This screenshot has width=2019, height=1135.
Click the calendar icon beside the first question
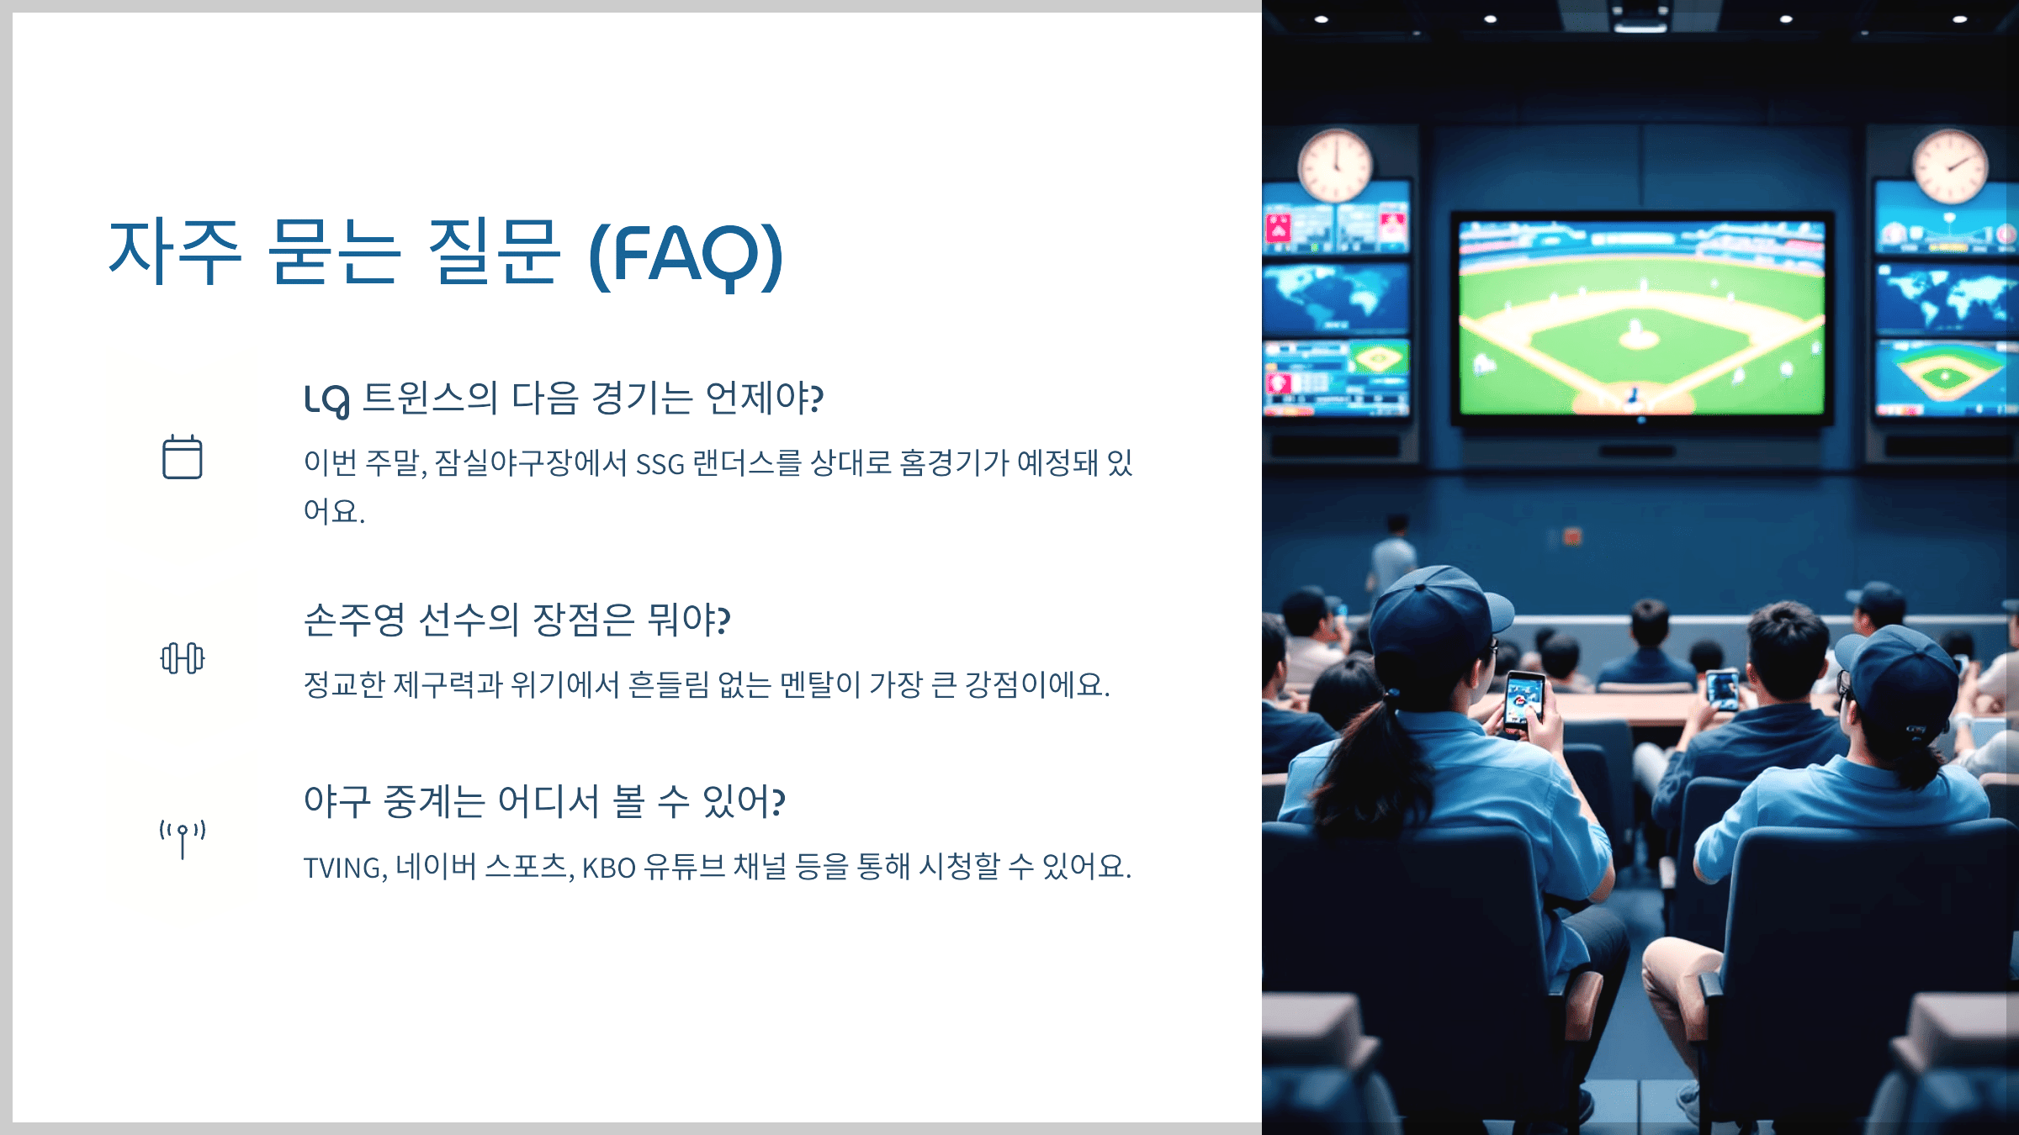[x=182, y=457]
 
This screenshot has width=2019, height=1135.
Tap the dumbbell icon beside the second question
[x=182, y=658]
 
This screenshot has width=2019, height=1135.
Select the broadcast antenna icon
[x=182, y=838]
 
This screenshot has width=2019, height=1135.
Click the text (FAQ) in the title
[x=686, y=253]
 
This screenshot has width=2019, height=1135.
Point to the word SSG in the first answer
[x=660, y=463]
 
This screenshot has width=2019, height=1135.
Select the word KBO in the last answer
[x=608, y=867]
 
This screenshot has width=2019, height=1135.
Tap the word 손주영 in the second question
[x=354, y=620]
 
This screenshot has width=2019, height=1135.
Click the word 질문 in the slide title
[x=494, y=251]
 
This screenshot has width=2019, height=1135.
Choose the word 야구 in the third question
[x=336, y=801]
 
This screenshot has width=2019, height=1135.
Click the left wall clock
[x=1334, y=165]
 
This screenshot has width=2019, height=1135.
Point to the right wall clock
[x=1950, y=166]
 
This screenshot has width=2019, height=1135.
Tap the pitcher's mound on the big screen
[x=1638, y=338]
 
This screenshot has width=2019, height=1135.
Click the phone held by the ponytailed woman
[x=1524, y=700]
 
